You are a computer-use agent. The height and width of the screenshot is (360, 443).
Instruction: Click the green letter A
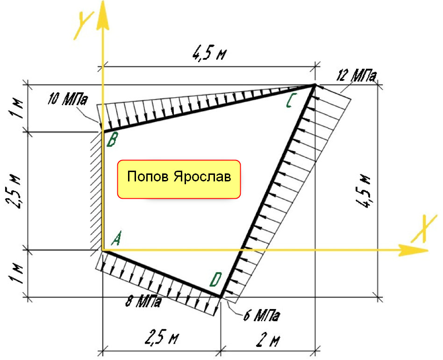coord(116,238)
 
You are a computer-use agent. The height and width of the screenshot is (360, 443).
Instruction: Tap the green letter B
coord(112,140)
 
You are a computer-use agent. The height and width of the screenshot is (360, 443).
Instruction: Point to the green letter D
coord(216,280)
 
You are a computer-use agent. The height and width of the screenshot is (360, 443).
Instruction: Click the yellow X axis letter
coord(424,229)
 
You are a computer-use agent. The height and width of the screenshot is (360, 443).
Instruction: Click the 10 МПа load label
coord(67,99)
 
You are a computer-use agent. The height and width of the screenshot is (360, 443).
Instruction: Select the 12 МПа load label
coord(357,75)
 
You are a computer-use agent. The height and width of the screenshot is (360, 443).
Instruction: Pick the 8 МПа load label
coord(143,302)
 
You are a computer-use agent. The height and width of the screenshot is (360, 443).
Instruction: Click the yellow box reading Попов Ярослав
coord(179,180)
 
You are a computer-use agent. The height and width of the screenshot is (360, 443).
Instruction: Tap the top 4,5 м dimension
coord(210,53)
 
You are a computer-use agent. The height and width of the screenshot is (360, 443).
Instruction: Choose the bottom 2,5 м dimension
coord(162,338)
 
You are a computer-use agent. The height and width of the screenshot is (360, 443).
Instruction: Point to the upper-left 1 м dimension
coord(17,108)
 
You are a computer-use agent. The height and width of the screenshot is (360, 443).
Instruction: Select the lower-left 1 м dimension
coord(15,274)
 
